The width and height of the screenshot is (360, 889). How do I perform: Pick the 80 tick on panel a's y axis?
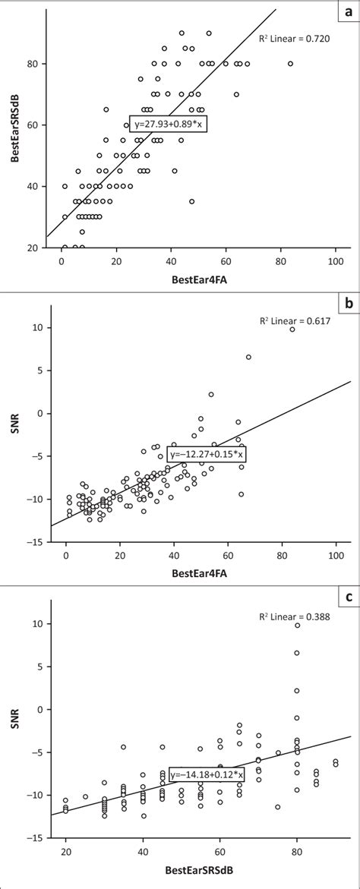click(x=37, y=64)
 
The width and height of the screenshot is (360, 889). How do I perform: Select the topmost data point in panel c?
click(x=297, y=626)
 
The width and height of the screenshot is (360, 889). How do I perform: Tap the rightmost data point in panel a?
click(x=290, y=64)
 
